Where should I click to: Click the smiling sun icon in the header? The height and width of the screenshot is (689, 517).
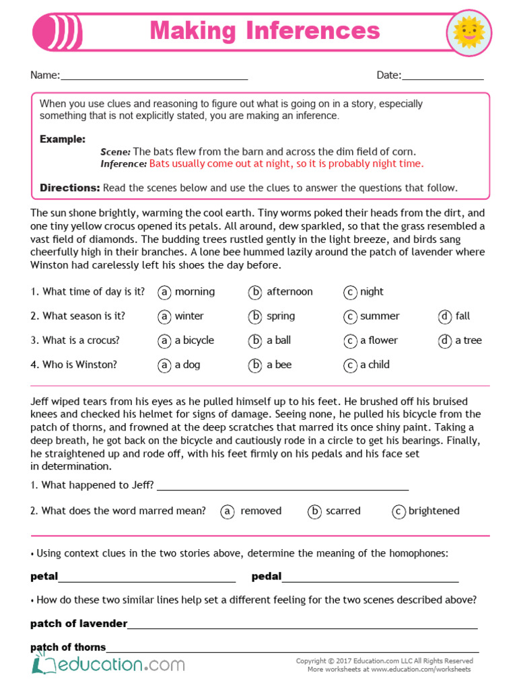469,32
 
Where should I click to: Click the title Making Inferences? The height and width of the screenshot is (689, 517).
265,30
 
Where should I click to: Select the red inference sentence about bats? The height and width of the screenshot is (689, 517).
287,164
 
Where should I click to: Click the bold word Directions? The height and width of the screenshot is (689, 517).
70,188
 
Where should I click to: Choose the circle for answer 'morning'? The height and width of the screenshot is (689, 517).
164,292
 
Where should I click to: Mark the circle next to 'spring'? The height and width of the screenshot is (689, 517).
255,316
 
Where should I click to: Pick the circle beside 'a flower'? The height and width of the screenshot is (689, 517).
350,341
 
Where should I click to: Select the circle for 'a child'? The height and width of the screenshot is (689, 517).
350,365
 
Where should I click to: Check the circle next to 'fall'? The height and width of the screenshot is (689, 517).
445,316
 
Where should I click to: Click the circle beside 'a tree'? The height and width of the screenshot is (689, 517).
445,341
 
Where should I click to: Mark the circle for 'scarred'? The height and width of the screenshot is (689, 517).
314,511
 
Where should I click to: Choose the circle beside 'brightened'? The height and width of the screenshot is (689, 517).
399,511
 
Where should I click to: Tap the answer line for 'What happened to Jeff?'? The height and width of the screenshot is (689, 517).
283,488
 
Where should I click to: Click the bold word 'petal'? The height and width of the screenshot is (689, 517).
44,577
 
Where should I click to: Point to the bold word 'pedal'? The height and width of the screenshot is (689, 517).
267,577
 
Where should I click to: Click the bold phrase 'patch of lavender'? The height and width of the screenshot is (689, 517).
79,624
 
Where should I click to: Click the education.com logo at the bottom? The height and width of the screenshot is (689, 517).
108,665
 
